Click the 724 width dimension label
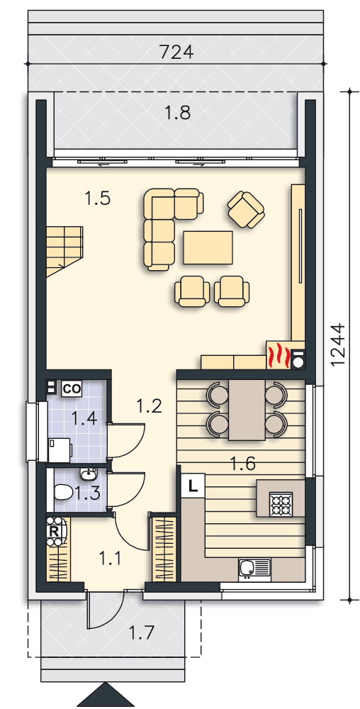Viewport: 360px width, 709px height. coord(176,52)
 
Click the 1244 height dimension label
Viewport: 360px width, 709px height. coord(337,345)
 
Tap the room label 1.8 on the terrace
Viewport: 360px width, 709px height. coord(176,113)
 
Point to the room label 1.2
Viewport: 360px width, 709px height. coord(149,406)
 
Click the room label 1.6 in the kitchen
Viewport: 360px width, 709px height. coord(243,464)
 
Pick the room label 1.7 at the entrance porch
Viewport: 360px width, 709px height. coord(142,631)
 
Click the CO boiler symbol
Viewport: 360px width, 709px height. coord(72,388)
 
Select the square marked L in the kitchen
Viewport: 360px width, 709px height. coord(193,486)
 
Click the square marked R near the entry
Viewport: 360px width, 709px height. coord(54,530)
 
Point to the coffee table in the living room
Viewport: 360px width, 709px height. coord(208,247)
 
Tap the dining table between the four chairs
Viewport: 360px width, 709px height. coord(247,410)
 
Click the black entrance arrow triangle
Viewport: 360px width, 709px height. coord(108,696)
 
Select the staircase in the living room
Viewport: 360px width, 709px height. coord(63,250)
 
